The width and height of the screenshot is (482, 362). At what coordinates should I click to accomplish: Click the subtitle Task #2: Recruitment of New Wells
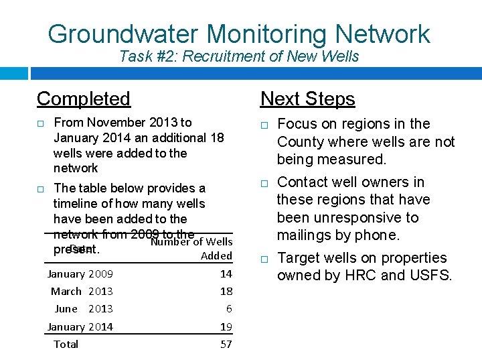(x=239, y=56)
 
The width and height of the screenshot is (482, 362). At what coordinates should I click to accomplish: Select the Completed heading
(x=84, y=99)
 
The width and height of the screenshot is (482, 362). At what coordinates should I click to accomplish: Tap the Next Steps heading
(x=307, y=99)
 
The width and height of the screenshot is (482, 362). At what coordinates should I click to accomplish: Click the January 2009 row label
(x=80, y=274)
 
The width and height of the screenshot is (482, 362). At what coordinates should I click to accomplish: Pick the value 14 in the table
(x=226, y=274)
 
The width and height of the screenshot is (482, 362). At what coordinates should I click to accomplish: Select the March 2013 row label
(x=82, y=291)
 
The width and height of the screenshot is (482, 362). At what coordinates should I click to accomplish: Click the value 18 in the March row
(x=226, y=291)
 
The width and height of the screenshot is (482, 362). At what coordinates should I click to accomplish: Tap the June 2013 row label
(x=83, y=308)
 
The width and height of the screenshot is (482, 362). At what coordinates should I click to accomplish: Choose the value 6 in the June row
(x=229, y=308)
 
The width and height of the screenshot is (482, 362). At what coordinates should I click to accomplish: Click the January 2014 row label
(x=80, y=326)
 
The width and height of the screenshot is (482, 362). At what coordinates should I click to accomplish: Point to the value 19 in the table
(x=226, y=326)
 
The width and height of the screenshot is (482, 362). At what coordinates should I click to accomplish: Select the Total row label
(x=66, y=344)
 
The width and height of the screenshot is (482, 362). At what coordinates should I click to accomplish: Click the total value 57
(x=226, y=344)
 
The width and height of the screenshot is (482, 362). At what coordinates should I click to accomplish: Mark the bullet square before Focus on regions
(x=264, y=125)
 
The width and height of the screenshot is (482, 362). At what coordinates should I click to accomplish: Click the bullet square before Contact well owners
(x=264, y=183)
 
